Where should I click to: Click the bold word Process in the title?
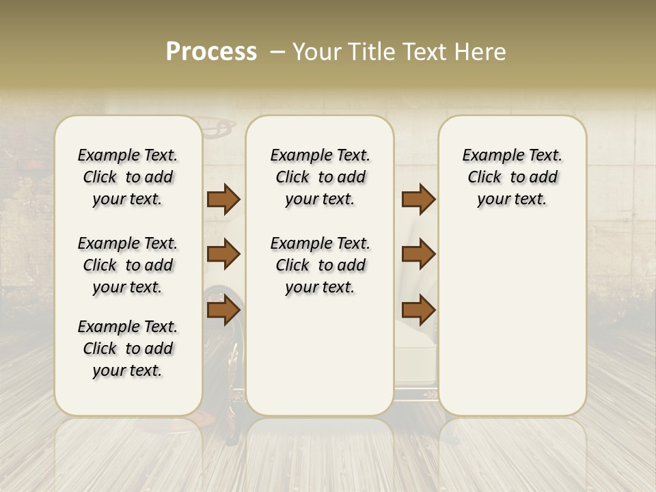pyautogui.click(x=211, y=52)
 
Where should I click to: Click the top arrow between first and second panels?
pyautogui.click(x=223, y=200)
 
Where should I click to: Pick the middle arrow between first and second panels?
pyautogui.click(x=223, y=254)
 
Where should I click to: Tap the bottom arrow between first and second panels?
pyautogui.click(x=223, y=310)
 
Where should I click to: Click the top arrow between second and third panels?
pyautogui.click(x=418, y=200)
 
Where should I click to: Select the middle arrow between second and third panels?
pyautogui.click(x=418, y=254)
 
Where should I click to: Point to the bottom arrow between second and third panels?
pyautogui.click(x=418, y=310)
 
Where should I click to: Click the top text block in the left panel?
pyautogui.click(x=128, y=177)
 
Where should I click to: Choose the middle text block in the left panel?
pyautogui.click(x=128, y=265)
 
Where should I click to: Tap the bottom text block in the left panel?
pyautogui.click(x=128, y=348)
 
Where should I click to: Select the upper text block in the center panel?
pyautogui.click(x=320, y=177)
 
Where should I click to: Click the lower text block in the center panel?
pyautogui.click(x=320, y=265)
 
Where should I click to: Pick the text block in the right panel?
pyautogui.click(x=512, y=177)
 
